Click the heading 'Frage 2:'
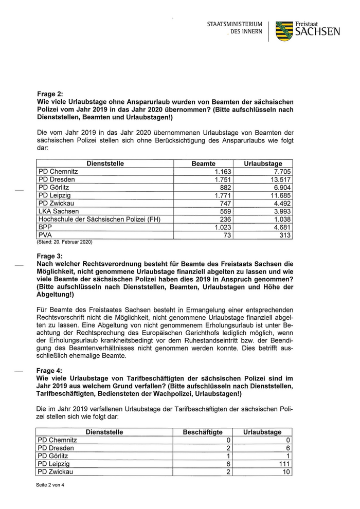(50, 94)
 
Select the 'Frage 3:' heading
(50, 256)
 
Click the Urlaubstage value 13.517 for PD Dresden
(278, 179)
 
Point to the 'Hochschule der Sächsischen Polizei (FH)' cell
(100, 219)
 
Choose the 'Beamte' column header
(203, 163)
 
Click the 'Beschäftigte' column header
(203, 432)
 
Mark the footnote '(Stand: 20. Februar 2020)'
(64, 242)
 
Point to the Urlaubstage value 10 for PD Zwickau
(286, 472)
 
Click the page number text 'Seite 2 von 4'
(50, 485)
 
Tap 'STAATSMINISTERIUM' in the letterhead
(235, 24)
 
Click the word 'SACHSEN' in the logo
(317, 32)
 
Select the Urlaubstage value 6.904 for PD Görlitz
(280, 188)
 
